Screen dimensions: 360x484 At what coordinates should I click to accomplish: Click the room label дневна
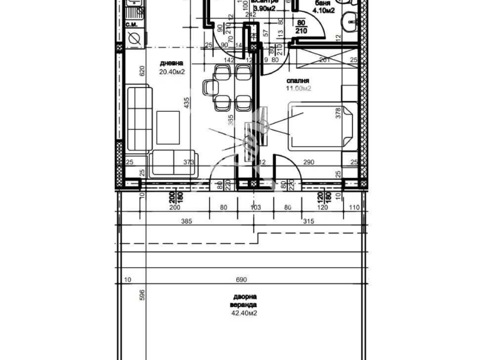(172, 63)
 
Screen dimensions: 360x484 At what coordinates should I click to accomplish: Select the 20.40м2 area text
(172, 72)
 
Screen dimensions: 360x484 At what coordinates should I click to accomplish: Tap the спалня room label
(299, 81)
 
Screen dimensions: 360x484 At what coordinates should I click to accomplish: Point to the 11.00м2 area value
(299, 89)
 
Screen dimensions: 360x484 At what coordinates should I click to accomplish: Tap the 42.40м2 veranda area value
(245, 313)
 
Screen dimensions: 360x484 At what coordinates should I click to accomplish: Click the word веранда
(245, 305)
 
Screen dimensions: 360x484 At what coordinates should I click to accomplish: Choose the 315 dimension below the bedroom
(308, 221)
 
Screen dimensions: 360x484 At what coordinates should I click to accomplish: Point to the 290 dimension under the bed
(308, 163)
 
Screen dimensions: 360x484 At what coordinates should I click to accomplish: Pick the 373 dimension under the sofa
(188, 163)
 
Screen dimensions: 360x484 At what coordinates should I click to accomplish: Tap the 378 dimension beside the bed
(338, 114)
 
